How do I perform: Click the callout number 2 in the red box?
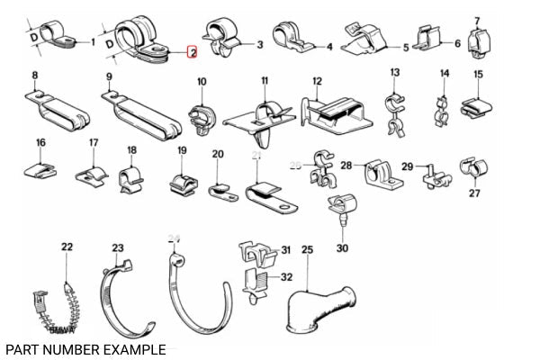click(191, 53)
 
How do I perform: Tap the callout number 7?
click(477, 19)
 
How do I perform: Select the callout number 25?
click(307, 249)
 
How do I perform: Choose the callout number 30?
click(341, 248)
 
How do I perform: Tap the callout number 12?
click(317, 81)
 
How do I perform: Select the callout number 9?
click(109, 77)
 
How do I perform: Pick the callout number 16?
click(40, 143)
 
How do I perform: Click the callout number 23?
click(118, 247)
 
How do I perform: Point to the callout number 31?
click(285, 250)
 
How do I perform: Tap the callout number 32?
click(287, 276)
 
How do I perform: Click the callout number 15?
click(478, 75)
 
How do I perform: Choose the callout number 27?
click(474, 193)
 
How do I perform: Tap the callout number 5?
click(406, 48)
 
